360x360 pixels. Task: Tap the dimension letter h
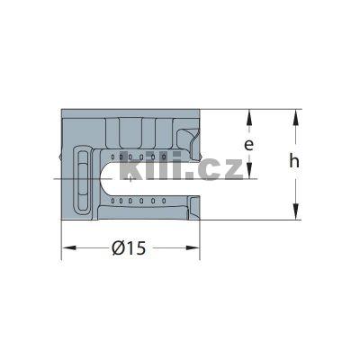294,162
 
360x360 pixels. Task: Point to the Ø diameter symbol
119,248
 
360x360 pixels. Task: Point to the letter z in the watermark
229,167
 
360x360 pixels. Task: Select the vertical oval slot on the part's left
83,179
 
